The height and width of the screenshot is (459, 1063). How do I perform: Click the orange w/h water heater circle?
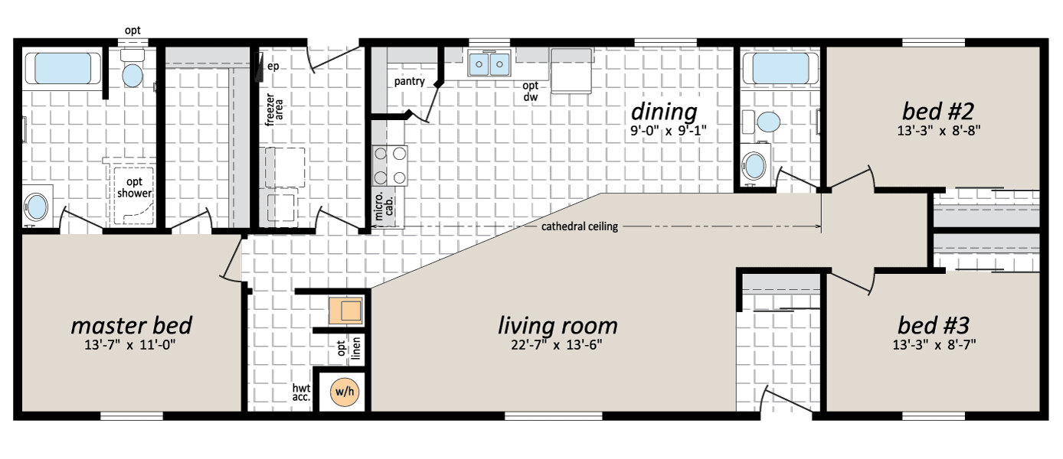tap(345, 392)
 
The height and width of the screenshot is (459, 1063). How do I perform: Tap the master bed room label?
tap(132, 326)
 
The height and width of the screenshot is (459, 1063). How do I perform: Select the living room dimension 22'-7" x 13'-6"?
tap(557, 345)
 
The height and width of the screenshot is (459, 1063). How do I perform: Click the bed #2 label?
tap(937, 112)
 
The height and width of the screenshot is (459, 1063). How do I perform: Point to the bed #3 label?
tap(934, 326)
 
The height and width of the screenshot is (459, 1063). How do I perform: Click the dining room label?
tap(664, 112)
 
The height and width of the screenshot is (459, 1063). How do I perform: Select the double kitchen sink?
tap(489, 63)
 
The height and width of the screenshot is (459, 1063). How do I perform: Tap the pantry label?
tap(410, 82)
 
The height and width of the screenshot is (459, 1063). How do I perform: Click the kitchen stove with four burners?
tap(390, 165)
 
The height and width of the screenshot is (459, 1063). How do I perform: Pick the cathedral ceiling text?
tap(580, 226)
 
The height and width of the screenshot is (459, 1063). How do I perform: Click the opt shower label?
tap(134, 187)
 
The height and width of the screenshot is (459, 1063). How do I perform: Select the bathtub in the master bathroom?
tap(63, 68)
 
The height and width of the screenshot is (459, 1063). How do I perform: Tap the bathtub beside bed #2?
tap(780, 68)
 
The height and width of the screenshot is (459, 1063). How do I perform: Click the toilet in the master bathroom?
tap(132, 69)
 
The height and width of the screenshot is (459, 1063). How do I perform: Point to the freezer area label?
tap(274, 109)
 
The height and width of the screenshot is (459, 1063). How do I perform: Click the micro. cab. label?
tap(384, 207)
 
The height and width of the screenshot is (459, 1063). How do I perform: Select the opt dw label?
tap(531, 91)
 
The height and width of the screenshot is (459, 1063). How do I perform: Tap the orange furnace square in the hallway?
tap(346, 311)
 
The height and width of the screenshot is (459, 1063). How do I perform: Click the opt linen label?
tap(348, 348)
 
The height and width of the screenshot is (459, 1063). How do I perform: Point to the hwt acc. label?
tap(301, 392)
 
